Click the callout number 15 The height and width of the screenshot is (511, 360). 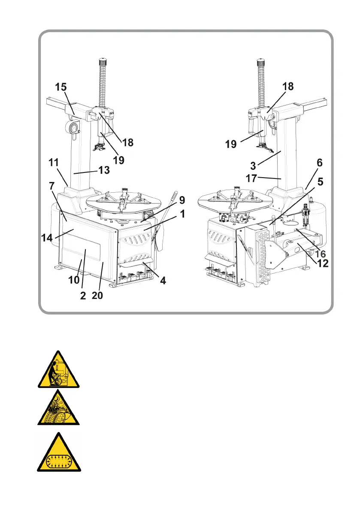coord(61,88)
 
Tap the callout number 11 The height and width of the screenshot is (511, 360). coord(54,163)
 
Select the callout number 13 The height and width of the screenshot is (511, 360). coord(103,170)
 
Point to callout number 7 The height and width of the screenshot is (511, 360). coord(52,187)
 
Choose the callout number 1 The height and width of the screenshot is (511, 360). coord(182,213)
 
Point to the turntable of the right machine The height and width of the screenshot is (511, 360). coord(234,199)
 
